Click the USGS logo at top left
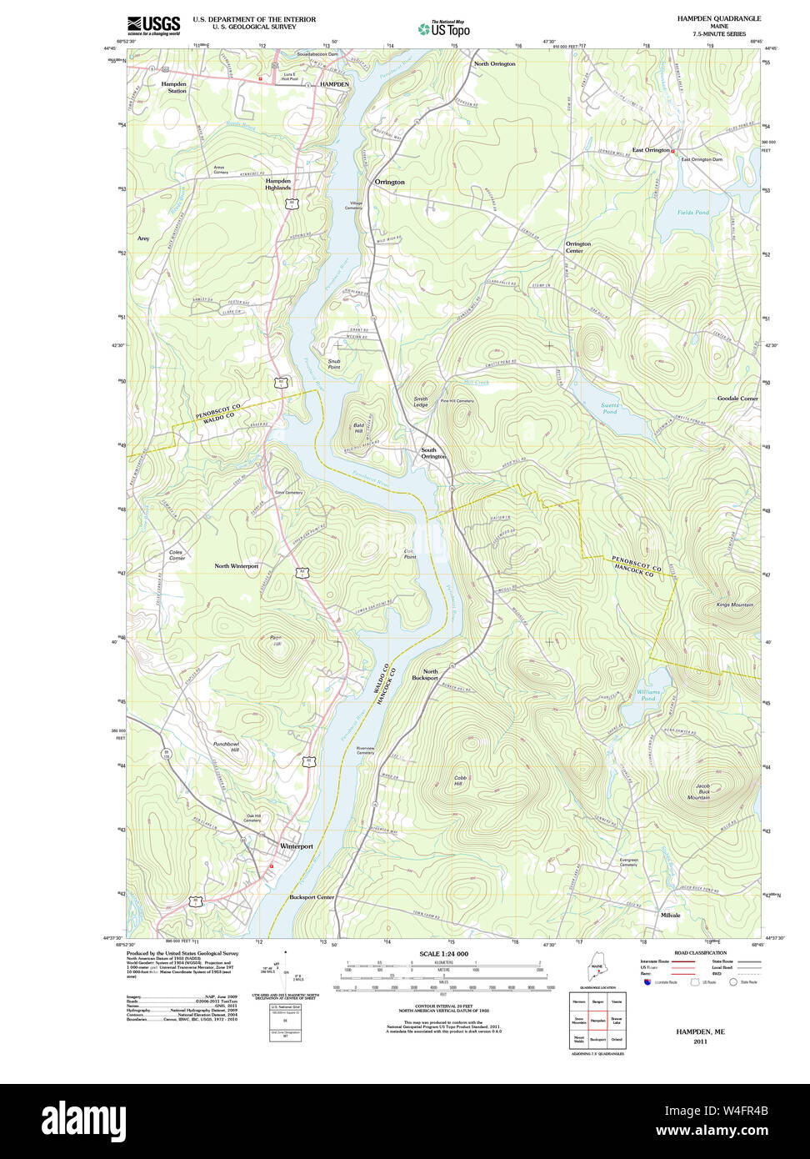pyautogui.click(x=153, y=26)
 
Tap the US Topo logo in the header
pyautogui.click(x=443, y=29)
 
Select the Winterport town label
pyautogui.click(x=296, y=846)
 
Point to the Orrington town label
pyautogui.click(x=389, y=182)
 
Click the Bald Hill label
pyautogui.click(x=358, y=428)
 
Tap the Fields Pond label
pyautogui.click(x=693, y=213)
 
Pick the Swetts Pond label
pyautogui.click(x=610, y=409)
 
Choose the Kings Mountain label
pyautogui.click(x=734, y=605)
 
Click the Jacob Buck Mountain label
pyautogui.click(x=698, y=792)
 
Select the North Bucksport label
pyautogui.click(x=425, y=675)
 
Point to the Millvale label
pyautogui.click(x=670, y=915)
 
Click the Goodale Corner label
pyautogui.click(x=737, y=399)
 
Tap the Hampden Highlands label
pyautogui.click(x=278, y=184)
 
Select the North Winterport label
pyautogui.click(x=237, y=566)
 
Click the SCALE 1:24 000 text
pyautogui.click(x=443, y=954)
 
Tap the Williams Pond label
pyautogui.click(x=647, y=695)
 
